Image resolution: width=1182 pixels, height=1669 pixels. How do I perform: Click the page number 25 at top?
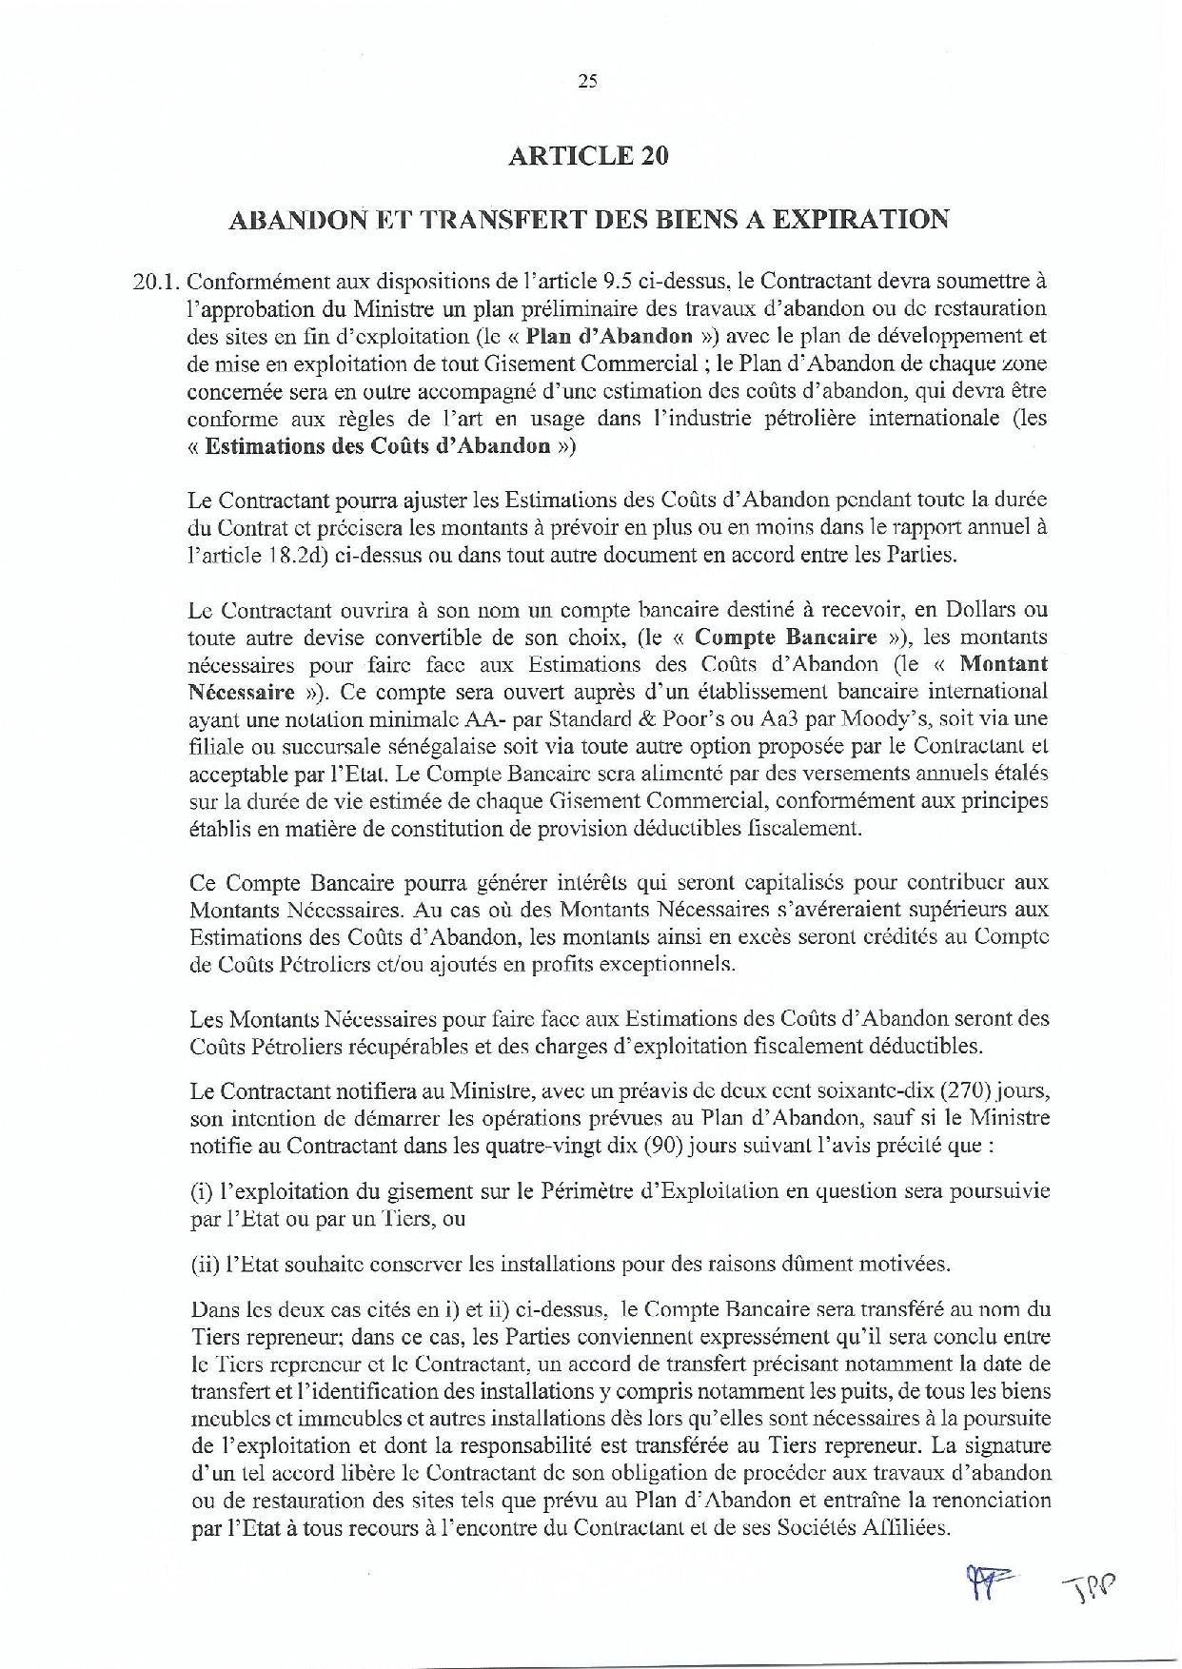pyautogui.click(x=587, y=82)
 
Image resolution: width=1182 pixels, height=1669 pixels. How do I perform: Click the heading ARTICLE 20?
pyautogui.click(x=588, y=155)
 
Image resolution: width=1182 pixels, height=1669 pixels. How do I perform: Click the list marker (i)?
pyautogui.click(x=202, y=1190)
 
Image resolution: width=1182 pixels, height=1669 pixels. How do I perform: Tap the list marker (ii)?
pyautogui.click(x=206, y=1264)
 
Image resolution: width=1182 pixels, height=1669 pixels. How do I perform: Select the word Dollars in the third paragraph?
pyautogui.click(x=979, y=608)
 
